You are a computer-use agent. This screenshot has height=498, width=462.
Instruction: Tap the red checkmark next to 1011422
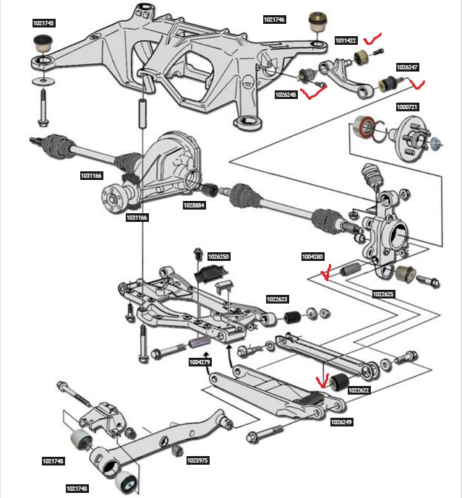click(373, 40)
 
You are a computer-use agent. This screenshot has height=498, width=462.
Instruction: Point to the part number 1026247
click(408, 67)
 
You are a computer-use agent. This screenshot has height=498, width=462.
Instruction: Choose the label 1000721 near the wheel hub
click(406, 107)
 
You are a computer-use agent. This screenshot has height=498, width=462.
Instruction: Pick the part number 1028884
click(194, 205)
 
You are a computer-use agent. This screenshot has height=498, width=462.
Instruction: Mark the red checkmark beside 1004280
click(327, 273)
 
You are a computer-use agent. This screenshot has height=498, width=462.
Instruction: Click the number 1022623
click(276, 299)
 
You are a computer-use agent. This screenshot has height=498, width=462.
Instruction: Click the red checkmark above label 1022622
click(323, 379)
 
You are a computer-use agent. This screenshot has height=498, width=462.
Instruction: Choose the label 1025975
click(197, 460)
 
